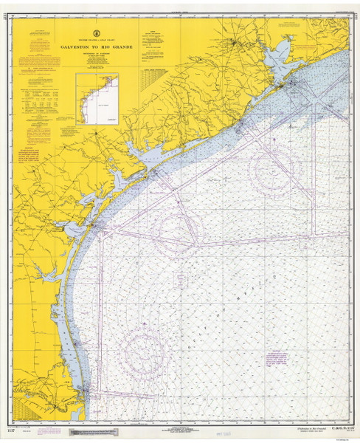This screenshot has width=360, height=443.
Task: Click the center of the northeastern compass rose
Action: click(x=273, y=168)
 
